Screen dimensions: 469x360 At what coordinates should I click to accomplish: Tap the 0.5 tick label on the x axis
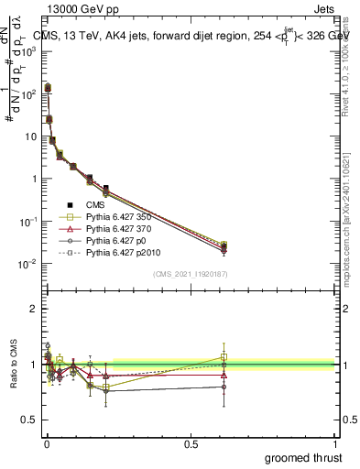tap(191, 443)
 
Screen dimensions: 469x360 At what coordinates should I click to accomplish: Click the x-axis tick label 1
tap(336, 443)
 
